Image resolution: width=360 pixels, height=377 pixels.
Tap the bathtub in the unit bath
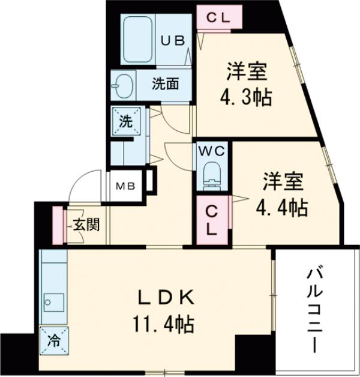coord(139,40)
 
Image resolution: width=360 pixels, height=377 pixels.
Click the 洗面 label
coord(164,85)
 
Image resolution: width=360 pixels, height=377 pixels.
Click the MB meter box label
coord(126,185)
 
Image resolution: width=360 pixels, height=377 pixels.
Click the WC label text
coord(212,150)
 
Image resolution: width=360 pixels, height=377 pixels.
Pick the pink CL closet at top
coord(220,17)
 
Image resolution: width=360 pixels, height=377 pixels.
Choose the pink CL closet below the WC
coord(212,220)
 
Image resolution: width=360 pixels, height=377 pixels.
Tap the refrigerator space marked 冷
coord(54,340)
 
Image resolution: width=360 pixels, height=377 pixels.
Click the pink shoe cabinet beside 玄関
coord(58,225)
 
